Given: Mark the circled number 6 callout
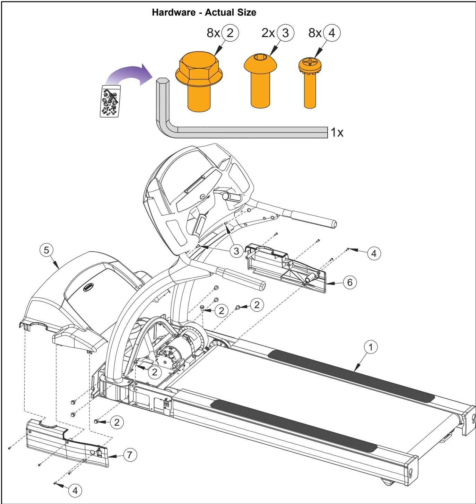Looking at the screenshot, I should pos(349,283).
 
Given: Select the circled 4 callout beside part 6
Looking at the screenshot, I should pos(373,253).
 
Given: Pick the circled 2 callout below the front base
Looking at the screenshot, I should pos(117,422).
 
